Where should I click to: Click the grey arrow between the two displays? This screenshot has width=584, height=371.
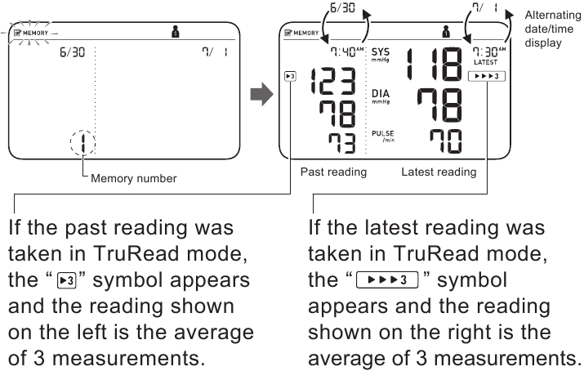[x=262, y=94]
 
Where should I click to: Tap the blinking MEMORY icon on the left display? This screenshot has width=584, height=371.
[x=31, y=34]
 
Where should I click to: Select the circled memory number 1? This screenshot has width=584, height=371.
[x=82, y=143]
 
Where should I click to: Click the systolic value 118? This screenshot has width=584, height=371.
[x=435, y=64]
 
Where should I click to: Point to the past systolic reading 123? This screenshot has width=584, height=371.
[x=333, y=80]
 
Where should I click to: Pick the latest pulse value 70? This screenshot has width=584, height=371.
[x=446, y=141]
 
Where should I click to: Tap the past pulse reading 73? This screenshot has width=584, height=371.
[x=342, y=143]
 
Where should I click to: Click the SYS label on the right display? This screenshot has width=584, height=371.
[x=381, y=55]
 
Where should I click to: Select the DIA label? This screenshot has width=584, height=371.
[x=381, y=96]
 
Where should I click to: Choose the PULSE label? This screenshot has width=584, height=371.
[x=383, y=136]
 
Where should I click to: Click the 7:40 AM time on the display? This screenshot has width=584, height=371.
[x=347, y=51]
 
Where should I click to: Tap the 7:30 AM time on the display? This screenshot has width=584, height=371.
[x=489, y=51]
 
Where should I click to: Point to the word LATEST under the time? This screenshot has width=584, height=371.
[x=486, y=62]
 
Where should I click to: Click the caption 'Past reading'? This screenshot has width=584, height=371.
[x=334, y=172]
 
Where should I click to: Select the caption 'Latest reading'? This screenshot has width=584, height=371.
[x=439, y=172]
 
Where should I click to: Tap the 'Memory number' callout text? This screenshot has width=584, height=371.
[x=134, y=178]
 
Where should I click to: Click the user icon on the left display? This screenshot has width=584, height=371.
[x=176, y=32]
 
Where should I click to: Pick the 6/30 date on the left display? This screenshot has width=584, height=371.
[x=72, y=51]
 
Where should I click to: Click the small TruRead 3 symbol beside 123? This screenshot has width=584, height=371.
[x=290, y=76]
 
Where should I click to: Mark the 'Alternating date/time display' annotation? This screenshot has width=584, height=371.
[x=552, y=29]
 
